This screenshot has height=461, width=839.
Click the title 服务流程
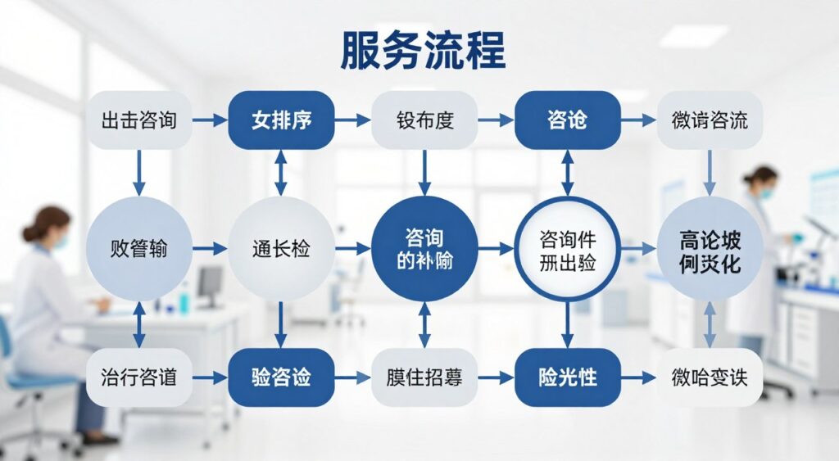[x=423, y=52]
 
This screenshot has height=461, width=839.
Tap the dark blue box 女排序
[x=281, y=120]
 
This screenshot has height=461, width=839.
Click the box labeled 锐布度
[x=424, y=120]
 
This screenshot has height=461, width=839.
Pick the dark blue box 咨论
[x=567, y=120]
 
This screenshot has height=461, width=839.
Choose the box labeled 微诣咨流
[x=710, y=120]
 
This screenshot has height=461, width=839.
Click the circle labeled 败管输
[x=139, y=248]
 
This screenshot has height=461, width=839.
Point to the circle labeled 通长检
[x=281, y=248]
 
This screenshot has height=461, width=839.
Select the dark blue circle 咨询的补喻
[x=424, y=248]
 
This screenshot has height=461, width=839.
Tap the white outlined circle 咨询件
[x=567, y=248]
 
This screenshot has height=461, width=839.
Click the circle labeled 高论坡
[x=710, y=248]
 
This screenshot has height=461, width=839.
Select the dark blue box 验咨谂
[x=281, y=377]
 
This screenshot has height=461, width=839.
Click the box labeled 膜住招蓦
[x=424, y=377]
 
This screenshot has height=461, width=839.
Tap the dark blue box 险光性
[x=567, y=377]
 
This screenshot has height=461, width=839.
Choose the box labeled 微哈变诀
[x=710, y=377]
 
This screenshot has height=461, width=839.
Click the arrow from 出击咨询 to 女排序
[x=210, y=120]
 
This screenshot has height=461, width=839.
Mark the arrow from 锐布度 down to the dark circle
[x=424, y=173]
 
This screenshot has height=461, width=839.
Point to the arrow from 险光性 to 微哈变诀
[x=638, y=377]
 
